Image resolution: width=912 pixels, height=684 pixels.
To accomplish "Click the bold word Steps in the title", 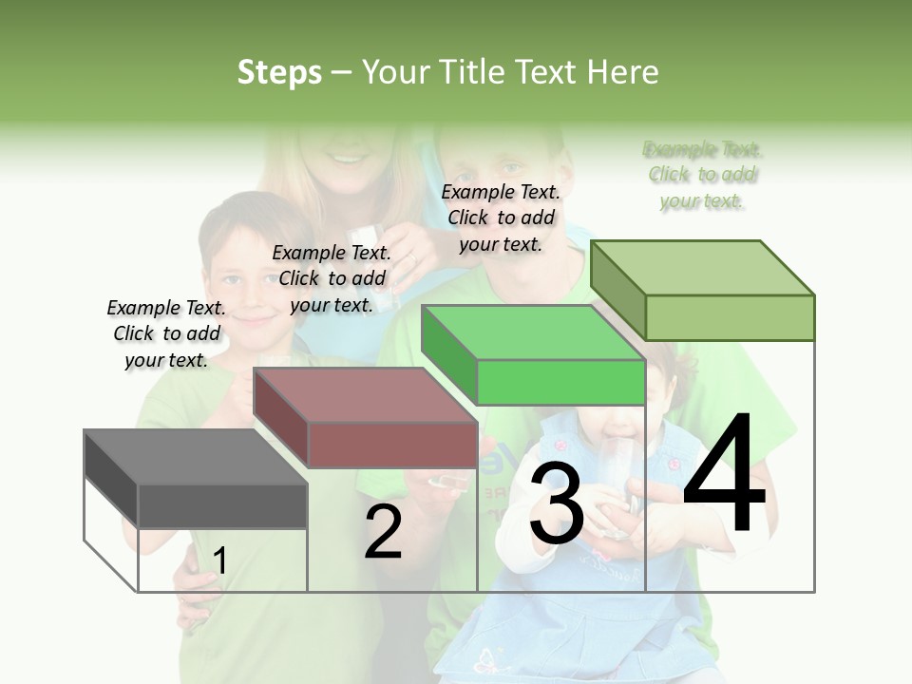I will pyautogui.click(x=279, y=72).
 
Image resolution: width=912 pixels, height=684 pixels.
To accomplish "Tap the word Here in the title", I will pyautogui.click(x=623, y=72).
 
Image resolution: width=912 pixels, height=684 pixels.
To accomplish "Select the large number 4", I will pyautogui.click(x=724, y=475).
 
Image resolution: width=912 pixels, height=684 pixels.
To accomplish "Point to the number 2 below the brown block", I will pyautogui.click(x=383, y=532).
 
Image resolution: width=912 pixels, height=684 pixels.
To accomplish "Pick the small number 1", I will pyautogui.click(x=219, y=561).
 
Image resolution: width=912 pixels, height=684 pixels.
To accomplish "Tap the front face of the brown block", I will pyautogui.click(x=392, y=444).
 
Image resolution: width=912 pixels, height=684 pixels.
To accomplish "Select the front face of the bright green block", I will pyautogui.click(x=560, y=382).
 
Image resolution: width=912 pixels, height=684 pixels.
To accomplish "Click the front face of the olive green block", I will pyautogui.click(x=730, y=317).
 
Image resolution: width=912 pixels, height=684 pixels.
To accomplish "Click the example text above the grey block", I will pyautogui.click(x=166, y=333).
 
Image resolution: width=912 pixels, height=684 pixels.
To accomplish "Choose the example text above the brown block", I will pyautogui.click(x=332, y=278).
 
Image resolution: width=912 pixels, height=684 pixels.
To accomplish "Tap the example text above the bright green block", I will pyautogui.click(x=501, y=218).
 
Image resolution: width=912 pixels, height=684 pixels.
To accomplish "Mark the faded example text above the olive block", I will pyautogui.click(x=702, y=175).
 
